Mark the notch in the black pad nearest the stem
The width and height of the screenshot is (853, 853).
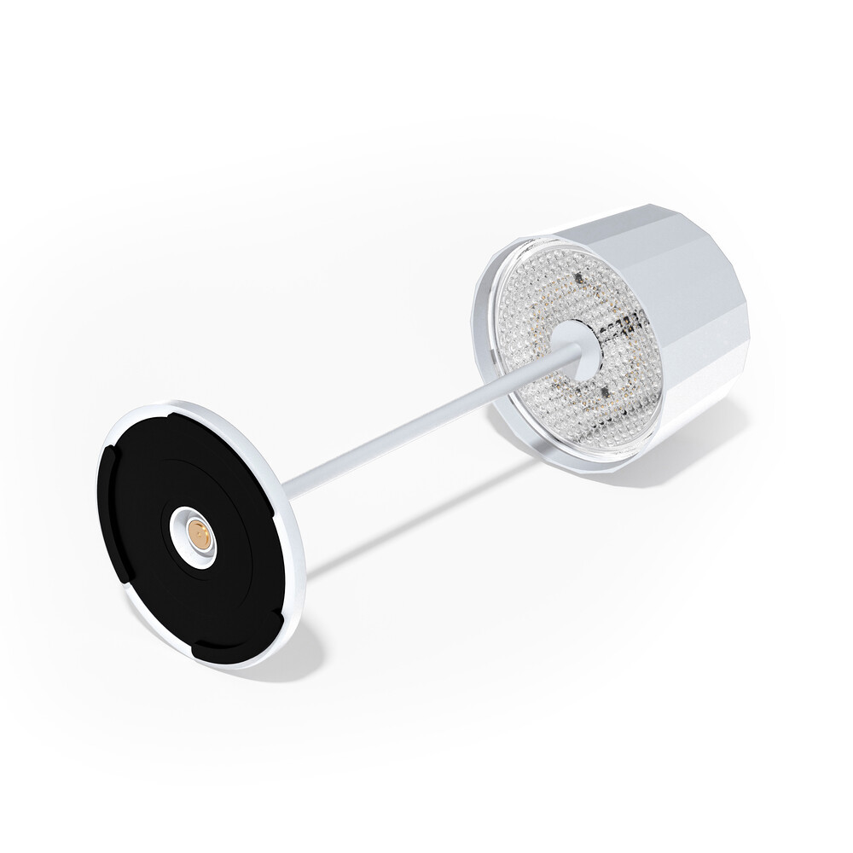[x=272, y=512]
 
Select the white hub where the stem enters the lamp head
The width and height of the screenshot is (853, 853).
[x=575, y=345]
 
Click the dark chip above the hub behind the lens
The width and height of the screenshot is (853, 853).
[x=577, y=278]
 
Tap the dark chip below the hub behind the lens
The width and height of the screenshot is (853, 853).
[x=603, y=392]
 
